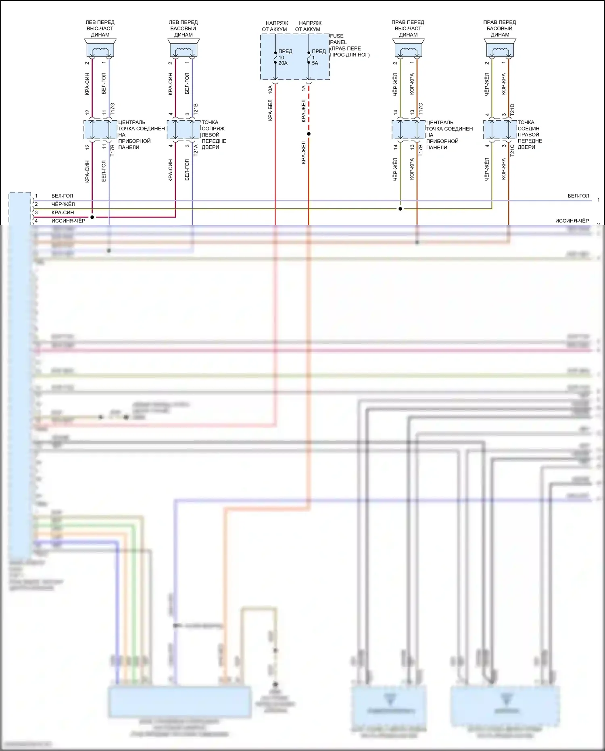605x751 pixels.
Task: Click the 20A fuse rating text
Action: pos(283,63)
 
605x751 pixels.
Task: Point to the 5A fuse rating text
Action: pos(315,63)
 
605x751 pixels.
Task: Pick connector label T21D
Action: pos(512,109)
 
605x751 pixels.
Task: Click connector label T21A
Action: pos(196,150)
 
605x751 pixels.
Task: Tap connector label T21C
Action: pos(512,150)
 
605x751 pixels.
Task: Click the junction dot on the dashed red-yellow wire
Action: pos(309,134)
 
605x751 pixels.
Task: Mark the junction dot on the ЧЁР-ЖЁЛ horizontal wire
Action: pos(400,209)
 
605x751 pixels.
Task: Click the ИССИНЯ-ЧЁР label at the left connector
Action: pos(68,221)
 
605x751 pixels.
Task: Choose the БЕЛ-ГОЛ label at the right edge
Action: pos(578,196)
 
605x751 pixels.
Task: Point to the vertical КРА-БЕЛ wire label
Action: pos(270,110)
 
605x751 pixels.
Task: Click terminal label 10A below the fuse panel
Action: pos(270,89)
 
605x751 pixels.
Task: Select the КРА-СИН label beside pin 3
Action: pos(63,213)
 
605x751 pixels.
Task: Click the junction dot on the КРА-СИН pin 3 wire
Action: pos(92,217)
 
